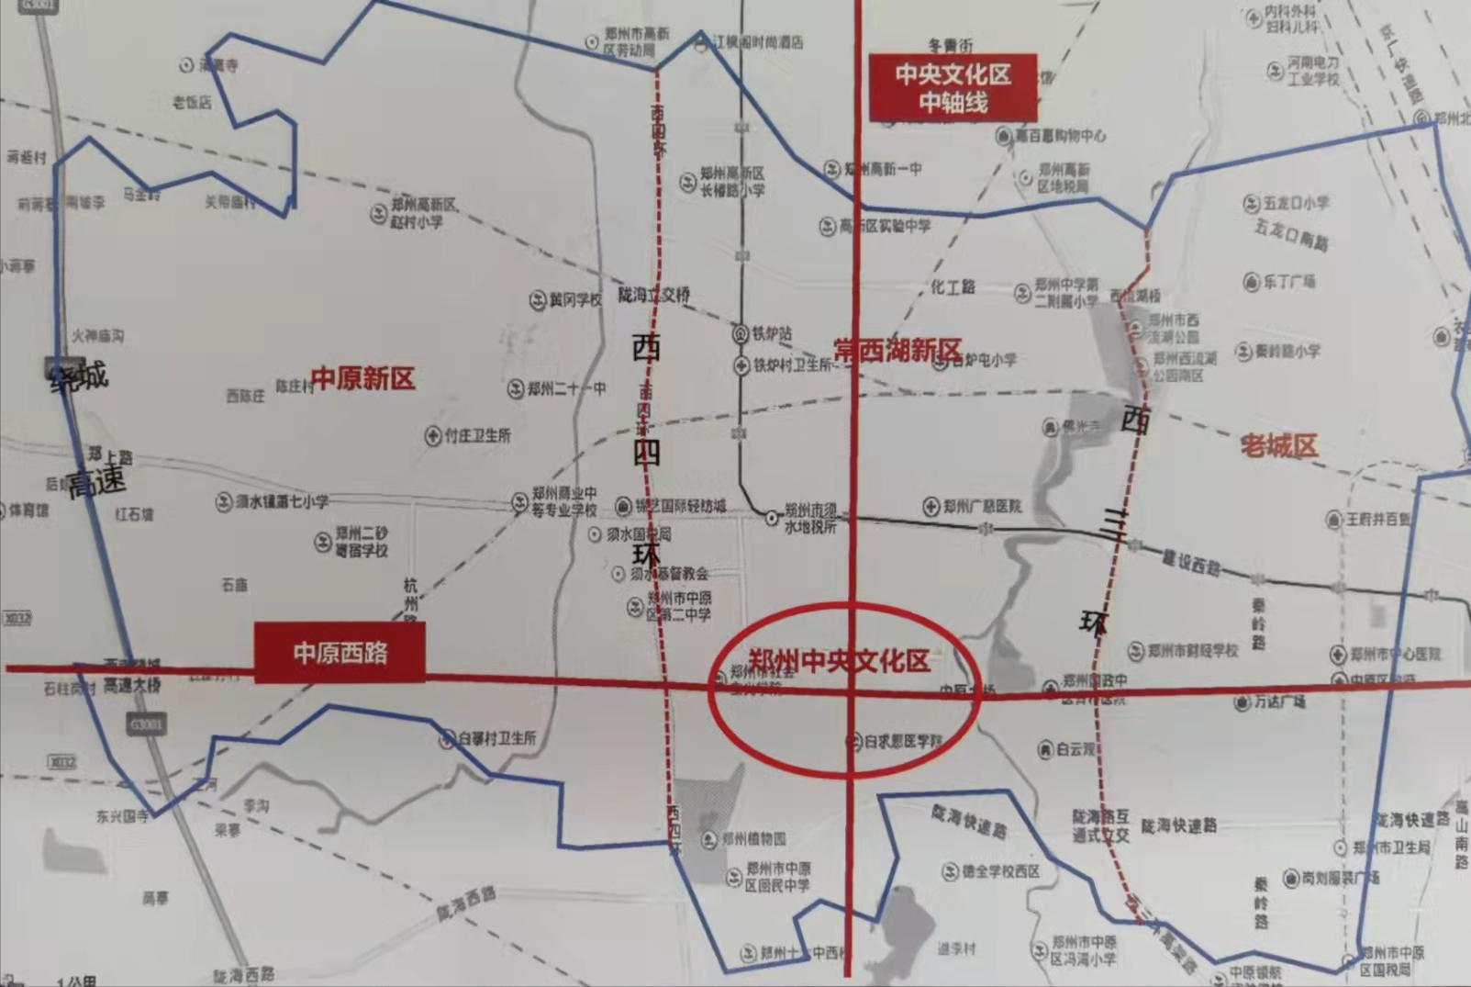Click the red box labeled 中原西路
(x=339, y=653)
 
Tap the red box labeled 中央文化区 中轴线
(x=953, y=88)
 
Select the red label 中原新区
(x=362, y=378)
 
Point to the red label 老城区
(x=1278, y=446)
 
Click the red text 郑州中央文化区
(x=839, y=661)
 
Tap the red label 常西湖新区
(x=897, y=350)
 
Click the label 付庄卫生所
(x=477, y=436)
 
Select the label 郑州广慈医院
(x=981, y=506)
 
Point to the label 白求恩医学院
(x=903, y=740)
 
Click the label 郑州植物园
(x=752, y=838)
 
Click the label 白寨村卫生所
(x=497, y=738)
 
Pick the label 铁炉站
(x=772, y=334)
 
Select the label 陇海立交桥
(x=653, y=295)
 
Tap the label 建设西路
(x=1190, y=563)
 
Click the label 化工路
(x=953, y=287)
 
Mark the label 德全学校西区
(x=1000, y=870)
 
